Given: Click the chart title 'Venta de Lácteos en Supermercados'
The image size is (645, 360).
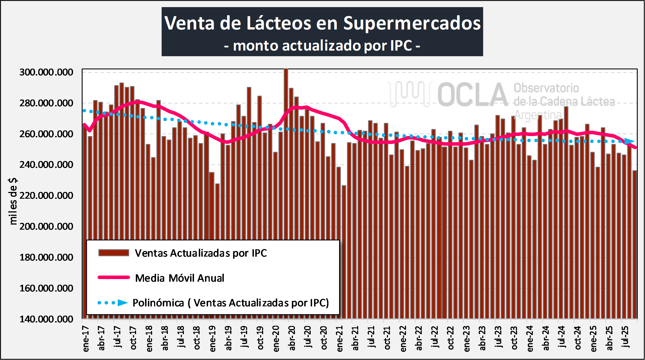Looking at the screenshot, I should tap(322, 23).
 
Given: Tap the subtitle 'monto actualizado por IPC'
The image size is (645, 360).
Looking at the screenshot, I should tap(322, 46).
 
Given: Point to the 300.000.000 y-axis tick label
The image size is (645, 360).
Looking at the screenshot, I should tap(46, 72).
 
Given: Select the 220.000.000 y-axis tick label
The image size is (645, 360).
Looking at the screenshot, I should tap(46, 196).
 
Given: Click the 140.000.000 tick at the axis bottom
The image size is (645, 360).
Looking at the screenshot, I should tap(46, 319).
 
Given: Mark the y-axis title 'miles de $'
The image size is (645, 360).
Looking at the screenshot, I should tap(13, 201).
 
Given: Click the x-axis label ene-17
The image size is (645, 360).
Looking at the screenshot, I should tap(86, 339).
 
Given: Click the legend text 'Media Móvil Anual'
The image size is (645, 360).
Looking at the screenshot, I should tap(180, 278).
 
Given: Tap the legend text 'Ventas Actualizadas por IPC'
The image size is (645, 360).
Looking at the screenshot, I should tap(201, 253).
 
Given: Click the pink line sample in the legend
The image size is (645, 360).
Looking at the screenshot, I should tap(114, 277).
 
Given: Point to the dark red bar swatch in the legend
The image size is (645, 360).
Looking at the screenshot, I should tap(114, 253).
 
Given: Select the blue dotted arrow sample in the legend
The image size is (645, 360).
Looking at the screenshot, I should tap(113, 303).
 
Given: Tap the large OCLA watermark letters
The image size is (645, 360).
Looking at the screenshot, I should tap(472, 95).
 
